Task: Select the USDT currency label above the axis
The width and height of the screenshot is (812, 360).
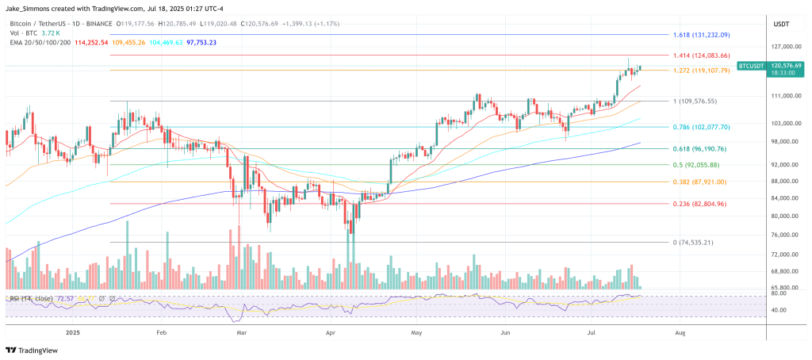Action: coord(781,24)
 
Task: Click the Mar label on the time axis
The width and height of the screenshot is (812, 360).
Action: coord(241,333)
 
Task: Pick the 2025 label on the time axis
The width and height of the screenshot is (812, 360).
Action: coord(74,333)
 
